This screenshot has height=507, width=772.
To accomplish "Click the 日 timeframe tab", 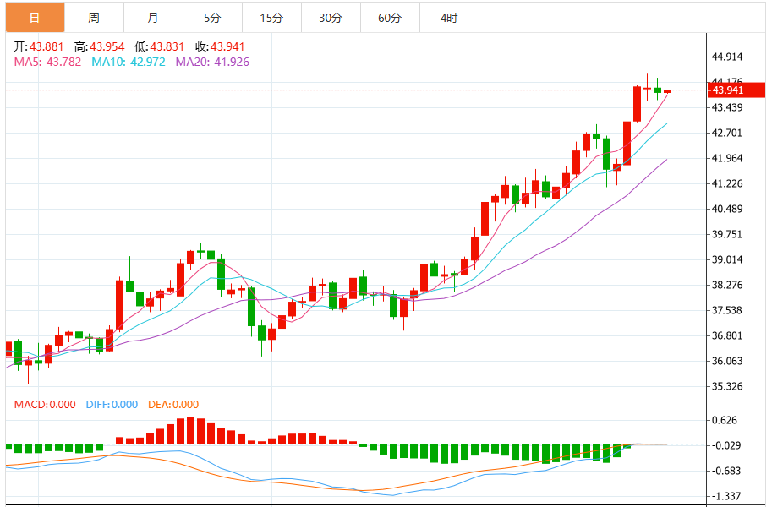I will pos(34,17).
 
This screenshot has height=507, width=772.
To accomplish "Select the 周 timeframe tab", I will pos(93,17).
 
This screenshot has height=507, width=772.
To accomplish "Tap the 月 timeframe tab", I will pos(152,17).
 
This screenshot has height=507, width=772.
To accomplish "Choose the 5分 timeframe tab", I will pos(211,17).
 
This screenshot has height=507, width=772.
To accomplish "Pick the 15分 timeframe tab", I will pos(271,17).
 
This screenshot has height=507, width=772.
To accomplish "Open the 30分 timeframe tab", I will pos(331,17).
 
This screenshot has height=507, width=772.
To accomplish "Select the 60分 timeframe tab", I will pos(390,17).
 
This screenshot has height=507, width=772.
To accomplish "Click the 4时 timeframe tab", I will pos(449,17).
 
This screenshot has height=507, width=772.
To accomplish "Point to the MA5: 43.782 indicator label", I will pos(47,62).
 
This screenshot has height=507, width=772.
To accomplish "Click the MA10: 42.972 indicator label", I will pos(129,62).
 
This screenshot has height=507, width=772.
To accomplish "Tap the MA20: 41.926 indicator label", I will pos(212,62).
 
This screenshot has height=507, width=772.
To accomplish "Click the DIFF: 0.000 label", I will pos(112,405).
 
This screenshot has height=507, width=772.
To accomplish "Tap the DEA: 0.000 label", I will pos(173,405).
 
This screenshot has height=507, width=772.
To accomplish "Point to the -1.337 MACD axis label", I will pos(727,496).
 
